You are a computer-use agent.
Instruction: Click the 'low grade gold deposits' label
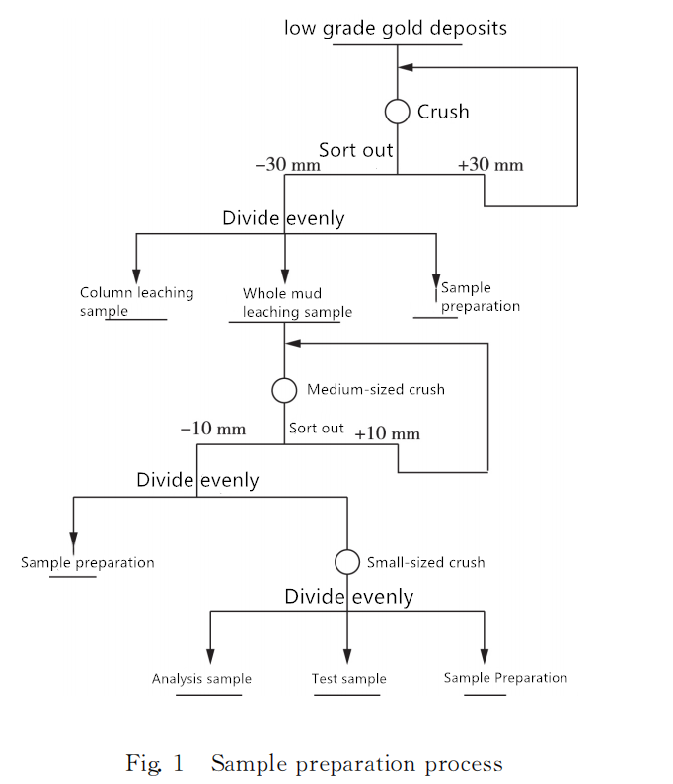tap(395, 29)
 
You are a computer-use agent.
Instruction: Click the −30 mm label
tap(288, 164)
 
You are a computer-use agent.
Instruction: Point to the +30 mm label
tap(490, 165)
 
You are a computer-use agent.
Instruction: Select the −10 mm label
tap(213, 429)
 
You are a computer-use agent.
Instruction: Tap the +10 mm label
tap(387, 433)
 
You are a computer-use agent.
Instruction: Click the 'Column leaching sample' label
tap(136, 301)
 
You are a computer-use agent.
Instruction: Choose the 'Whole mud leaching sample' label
tap(297, 302)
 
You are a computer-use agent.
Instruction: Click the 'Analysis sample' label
tap(201, 679)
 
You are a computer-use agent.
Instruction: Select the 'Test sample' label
tap(348, 679)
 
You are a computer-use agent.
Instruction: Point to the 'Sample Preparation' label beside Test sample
tap(505, 678)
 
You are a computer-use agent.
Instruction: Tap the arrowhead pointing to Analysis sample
tap(210, 656)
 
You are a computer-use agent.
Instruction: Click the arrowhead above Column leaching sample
tap(136, 276)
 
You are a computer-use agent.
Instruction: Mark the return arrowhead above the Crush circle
tap(406, 67)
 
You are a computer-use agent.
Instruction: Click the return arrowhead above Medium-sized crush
tap(293, 343)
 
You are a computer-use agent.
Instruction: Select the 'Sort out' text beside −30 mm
tap(355, 150)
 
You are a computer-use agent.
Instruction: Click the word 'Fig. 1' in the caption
tap(154, 764)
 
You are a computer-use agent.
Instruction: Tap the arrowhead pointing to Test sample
tap(347, 656)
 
